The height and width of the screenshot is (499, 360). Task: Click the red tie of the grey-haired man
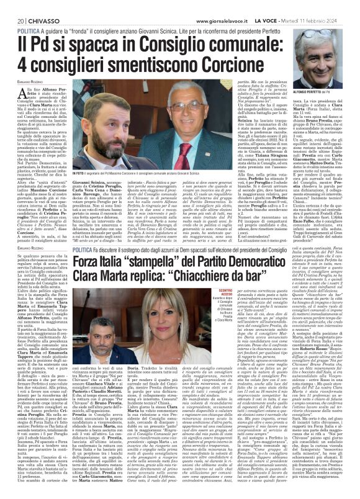(208, 137)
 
